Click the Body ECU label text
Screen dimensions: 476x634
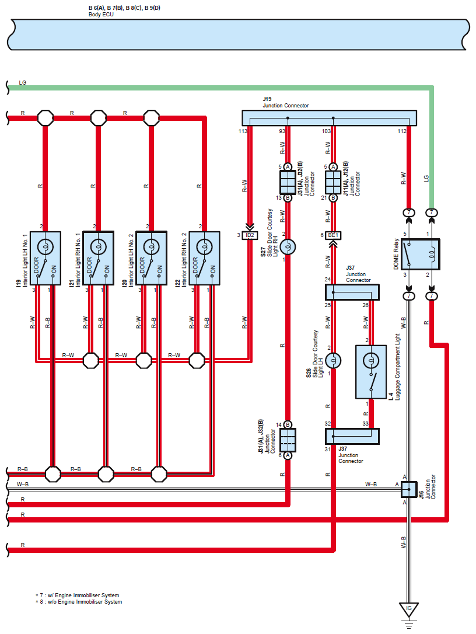pyautogui.click(x=101, y=15)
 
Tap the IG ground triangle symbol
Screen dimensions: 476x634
pyautogui.click(x=408, y=609)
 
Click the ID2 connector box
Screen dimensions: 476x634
pyautogui.click(x=250, y=235)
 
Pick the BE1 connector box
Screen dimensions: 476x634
pyautogui.click(x=333, y=235)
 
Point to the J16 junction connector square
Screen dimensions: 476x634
pyautogui.click(x=409, y=489)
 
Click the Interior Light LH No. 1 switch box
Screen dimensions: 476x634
pyautogui.click(x=45, y=258)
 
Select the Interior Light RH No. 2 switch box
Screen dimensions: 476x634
pyautogui.click(x=205, y=258)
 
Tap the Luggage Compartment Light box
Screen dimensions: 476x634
pyautogui.click(x=371, y=372)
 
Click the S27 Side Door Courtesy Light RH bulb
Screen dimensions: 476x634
pyautogui.click(x=288, y=246)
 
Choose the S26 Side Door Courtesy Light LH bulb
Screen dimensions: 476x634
pyautogui.click(x=333, y=361)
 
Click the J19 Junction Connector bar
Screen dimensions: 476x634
pyautogui.click(x=330, y=118)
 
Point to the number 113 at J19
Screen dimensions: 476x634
pyautogui.click(x=243, y=131)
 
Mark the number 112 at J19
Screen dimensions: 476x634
pyautogui.click(x=402, y=131)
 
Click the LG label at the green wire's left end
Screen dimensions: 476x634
pyautogui.click(x=23, y=82)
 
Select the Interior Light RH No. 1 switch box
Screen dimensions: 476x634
pyautogui.click(x=98, y=258)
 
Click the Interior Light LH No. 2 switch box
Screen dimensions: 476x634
pyautogui.click(x=152, y=258)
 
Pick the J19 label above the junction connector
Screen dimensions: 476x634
pyautogui.click(x=267, y=99)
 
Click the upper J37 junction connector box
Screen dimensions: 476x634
pyautogui.click(x=352, y=292)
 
